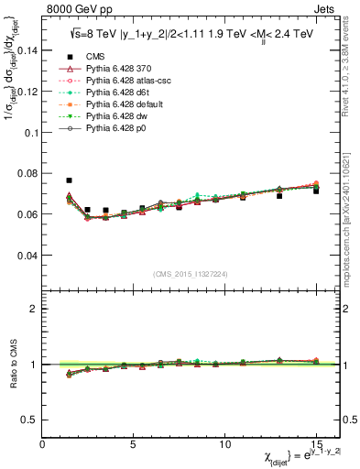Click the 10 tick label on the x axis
pos(224,443)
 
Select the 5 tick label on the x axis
pos(134,443)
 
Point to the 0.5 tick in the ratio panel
pos(30,420)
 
